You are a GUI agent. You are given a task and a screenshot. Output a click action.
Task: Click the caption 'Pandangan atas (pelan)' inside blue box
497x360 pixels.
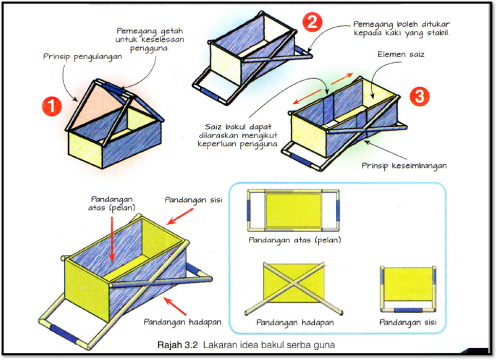(294, 240)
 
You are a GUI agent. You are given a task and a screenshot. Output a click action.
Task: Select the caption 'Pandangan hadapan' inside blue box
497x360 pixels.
(295, 323)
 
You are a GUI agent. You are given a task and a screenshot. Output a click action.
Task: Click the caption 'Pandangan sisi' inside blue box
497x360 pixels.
(408, 323)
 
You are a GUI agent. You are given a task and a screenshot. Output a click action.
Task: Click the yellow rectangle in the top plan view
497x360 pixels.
(294, 211)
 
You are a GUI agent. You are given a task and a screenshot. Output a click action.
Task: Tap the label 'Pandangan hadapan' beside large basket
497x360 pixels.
(182, 322)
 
